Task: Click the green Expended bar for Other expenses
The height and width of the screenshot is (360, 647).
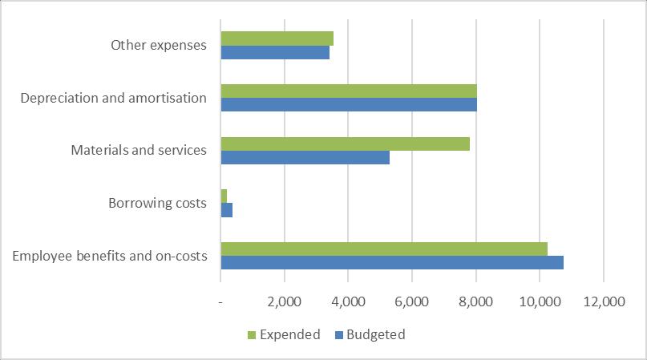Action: pyautogui.click(x=277, y=38)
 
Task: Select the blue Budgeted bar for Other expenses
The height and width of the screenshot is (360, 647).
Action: pyautogui.click(x=275, y=53)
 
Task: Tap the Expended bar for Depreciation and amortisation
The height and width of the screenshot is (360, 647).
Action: pyautogui.click(x=349, y=91)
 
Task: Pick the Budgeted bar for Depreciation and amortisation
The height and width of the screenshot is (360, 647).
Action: pyautogui.click(x=349, y=105)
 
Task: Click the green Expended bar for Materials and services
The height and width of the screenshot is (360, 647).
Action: pyautogui.click(x=345, y=144)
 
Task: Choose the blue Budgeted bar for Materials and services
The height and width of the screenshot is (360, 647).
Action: pyautogui.click(x=305, y=158)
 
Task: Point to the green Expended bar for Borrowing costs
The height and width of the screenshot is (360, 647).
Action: pyautogui.click(x=224, y=196)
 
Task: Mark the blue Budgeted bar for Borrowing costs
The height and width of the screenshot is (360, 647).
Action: pyautogui.click(x=226, y=210)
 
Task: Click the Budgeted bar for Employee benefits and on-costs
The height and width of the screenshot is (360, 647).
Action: pyautogui.click(x=392, y=263)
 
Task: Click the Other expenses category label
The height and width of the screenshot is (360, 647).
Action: pyautogui.click(x=159, y=46)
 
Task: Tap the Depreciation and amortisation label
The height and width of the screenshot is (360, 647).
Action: pyautogui.click(x=114, y=98)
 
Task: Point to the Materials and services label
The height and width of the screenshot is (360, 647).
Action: pyautogui.click(x=139, y=151)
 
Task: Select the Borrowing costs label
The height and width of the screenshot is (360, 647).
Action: pyautogui.click(x=157, y=204)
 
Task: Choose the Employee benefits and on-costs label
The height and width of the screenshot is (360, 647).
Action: pyautogui.click(x=110, y=256)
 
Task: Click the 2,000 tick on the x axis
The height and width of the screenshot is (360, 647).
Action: pyautogui.click(x=284, y=302)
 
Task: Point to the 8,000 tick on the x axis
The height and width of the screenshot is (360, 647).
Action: pyautogui.click(x=475, y=302)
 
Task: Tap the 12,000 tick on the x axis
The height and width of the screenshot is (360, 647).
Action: pyautogui.click(x=603, y=302)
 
